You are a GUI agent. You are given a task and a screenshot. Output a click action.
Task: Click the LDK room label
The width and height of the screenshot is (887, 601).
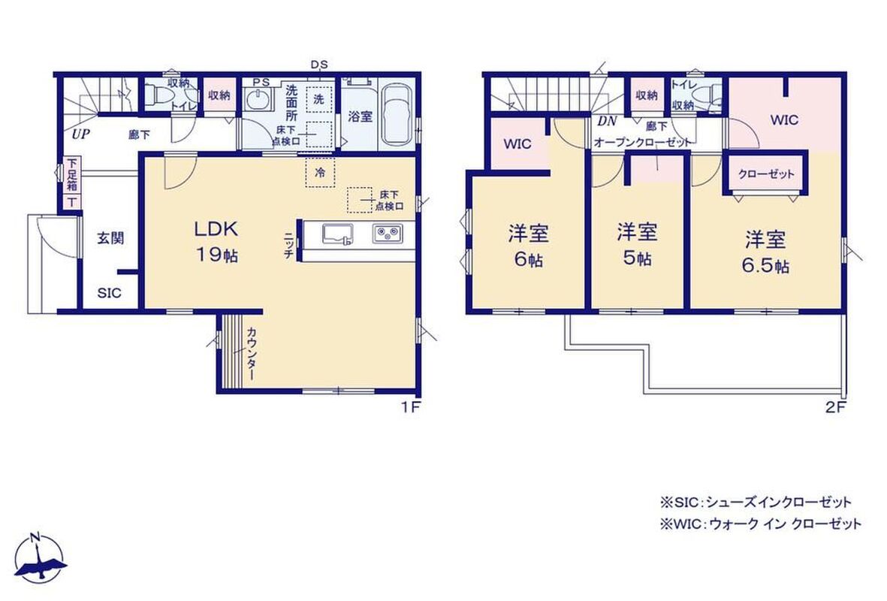216,242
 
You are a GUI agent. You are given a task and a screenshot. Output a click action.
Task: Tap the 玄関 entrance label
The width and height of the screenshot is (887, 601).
110,238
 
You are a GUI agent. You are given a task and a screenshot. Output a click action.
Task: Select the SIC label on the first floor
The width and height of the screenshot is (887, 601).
109,293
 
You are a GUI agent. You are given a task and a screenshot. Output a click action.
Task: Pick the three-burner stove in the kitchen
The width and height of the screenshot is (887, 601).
388,233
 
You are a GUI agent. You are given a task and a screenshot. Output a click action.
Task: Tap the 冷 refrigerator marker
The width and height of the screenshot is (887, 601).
320,171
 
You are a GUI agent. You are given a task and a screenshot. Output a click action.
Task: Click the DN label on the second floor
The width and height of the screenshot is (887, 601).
607,121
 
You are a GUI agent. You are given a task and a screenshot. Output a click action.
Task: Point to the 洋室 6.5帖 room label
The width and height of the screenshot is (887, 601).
765,252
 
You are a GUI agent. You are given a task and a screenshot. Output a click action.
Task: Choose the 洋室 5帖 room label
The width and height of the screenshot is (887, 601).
637,244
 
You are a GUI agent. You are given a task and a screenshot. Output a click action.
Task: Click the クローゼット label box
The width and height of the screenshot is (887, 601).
767,174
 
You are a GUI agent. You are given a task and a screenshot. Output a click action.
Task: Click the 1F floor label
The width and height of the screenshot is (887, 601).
412,407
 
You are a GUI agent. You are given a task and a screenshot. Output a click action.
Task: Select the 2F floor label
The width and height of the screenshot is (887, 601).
835,407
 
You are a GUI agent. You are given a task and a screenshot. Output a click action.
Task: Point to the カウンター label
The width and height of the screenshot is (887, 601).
252,355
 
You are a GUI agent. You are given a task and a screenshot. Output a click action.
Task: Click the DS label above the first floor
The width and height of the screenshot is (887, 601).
319,65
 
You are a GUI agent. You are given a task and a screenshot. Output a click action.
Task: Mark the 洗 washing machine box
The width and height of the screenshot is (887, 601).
319,99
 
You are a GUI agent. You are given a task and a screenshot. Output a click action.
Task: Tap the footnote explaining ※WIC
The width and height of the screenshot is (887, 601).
760,524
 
